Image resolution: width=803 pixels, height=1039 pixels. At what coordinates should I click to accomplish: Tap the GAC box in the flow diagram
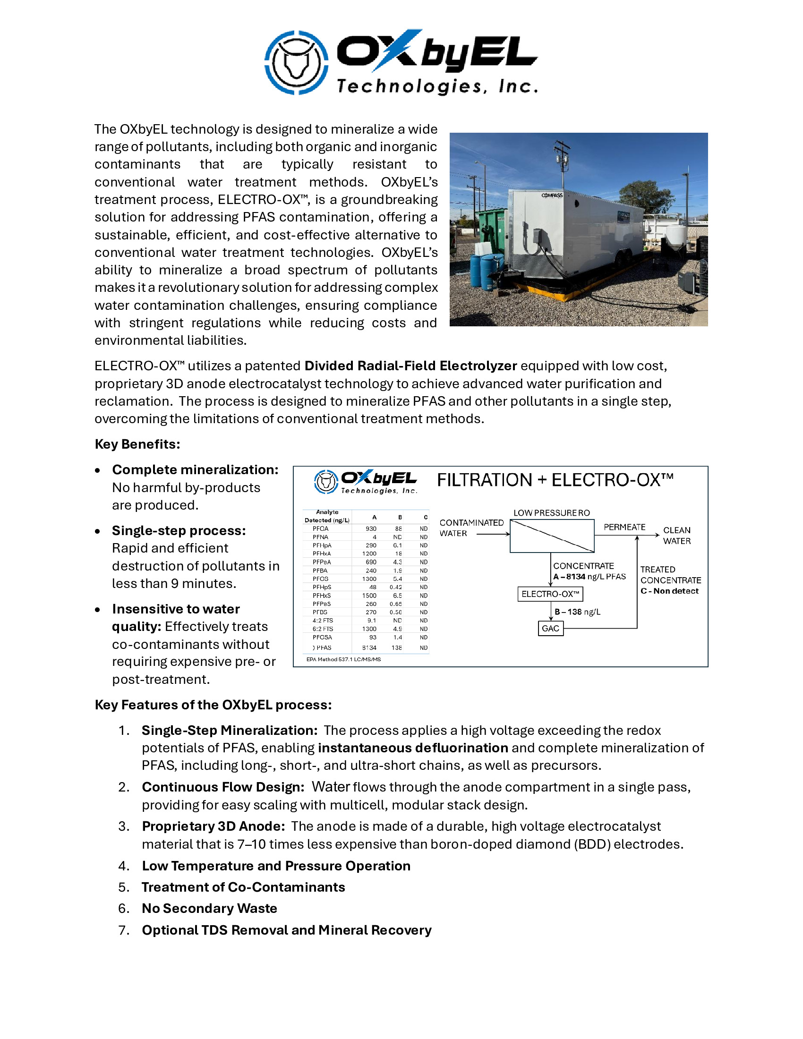click(x=550, y=629)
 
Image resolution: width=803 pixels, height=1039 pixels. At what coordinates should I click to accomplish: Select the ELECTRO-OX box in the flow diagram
click(x=550, y=594)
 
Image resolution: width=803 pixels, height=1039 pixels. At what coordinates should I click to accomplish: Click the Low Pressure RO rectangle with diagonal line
click(x=552, y=536)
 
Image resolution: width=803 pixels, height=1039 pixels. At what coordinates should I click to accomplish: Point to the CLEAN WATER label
click(x=676, y=536)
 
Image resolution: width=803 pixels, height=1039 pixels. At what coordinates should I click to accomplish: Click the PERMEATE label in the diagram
click(x=624, y=527)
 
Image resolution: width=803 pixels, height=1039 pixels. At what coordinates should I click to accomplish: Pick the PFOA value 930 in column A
click(x=371, y=528)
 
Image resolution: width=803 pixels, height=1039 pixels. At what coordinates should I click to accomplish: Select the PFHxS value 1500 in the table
click(x=369, y=596)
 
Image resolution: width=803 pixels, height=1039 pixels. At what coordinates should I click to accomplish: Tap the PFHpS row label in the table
click(x=322, y=587)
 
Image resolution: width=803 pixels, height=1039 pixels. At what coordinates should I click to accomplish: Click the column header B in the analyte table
click(x=400, y=517)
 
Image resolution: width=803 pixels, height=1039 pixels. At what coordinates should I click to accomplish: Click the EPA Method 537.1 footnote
click(x=343, y=659)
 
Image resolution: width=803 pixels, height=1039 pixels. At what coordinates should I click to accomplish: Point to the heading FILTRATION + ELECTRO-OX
click(x=555, y=480)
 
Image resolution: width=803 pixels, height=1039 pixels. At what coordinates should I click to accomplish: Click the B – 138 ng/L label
click(x=578, y=612)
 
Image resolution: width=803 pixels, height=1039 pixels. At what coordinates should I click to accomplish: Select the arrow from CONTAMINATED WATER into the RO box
click(x=493, y=534)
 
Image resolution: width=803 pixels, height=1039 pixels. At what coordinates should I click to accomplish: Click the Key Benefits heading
click(x=137, y=444)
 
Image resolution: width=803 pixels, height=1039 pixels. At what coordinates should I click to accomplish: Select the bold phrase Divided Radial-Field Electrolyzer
click(x=410, y=366)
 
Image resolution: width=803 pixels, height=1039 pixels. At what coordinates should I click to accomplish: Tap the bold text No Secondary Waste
click(x=209, y=908)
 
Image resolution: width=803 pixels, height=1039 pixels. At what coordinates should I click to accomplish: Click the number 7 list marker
click(x=124, y=930)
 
